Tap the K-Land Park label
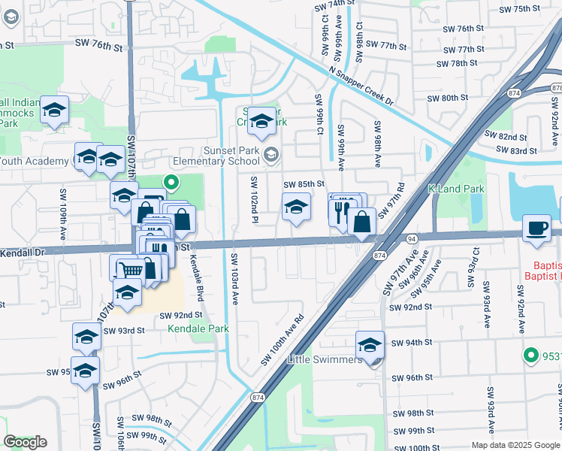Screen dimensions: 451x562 456,189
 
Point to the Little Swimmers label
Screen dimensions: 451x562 324,359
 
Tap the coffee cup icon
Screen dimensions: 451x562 538,229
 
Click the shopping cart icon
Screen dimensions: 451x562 131,268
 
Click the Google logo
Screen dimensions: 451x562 25,441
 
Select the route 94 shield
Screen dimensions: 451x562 412,238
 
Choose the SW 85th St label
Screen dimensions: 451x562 304,184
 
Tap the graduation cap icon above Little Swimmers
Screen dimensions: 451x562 370,345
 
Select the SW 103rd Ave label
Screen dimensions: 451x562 234,278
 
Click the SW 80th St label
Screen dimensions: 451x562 447,98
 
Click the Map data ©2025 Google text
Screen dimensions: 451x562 515,444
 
